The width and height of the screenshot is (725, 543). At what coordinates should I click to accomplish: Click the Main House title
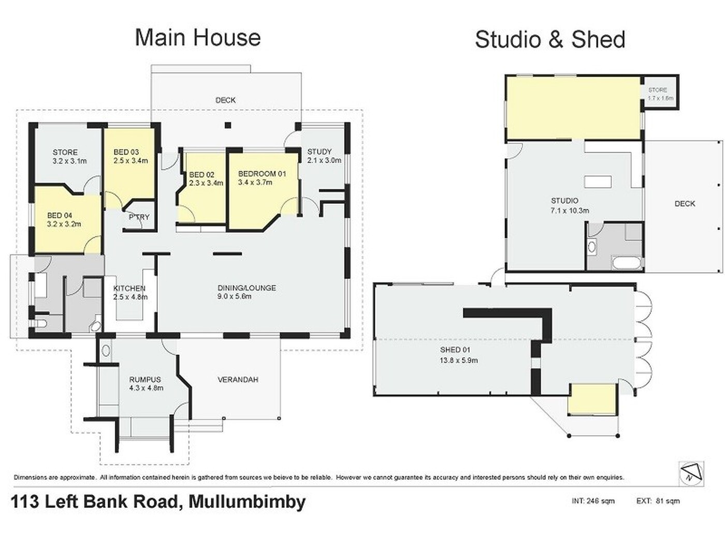click(x=197, y=38)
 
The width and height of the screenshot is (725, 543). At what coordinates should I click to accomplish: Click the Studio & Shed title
click(x=550, y=40)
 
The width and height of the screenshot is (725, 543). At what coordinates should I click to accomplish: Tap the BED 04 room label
click(x=60, y=216)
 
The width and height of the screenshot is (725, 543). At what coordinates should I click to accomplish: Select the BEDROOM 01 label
click(x=262, y=174)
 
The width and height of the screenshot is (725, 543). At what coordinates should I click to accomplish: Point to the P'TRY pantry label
click(x=139, y=217)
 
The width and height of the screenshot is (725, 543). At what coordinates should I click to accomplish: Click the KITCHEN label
click(x=129, y=288)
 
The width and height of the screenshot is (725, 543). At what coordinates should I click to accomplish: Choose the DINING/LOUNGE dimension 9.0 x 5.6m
click(x=234, y=296)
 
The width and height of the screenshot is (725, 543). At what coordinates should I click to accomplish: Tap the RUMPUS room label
click(x=145, y=380)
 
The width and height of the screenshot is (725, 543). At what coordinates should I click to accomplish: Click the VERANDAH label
click(x=238, y=380)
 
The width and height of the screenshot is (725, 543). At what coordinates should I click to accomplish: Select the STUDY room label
click(x=320, y=152)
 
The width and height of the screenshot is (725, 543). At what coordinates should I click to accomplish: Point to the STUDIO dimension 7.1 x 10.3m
click(x=570, y=210)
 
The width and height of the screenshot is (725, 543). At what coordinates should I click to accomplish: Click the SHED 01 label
click(x=455, y=350)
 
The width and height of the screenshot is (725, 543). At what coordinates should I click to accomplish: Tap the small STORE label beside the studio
click(x=657, y=90)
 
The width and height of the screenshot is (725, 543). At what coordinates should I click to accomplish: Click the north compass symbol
click(x=691, y=474)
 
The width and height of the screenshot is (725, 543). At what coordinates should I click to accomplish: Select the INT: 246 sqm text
click(x=593, y=501)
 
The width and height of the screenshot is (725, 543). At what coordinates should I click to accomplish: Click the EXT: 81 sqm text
click(x=658, y=501)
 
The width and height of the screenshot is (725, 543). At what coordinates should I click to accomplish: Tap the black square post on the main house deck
click(x=228, y=125)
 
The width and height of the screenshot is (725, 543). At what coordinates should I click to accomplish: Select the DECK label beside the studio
click(x=685, y=204)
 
